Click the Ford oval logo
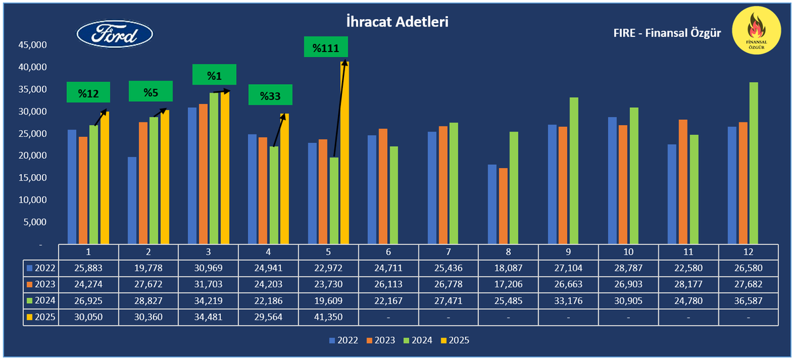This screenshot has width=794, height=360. tap(114, 34)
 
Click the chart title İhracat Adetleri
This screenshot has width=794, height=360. tap(398, 22)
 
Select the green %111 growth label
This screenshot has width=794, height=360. tap(326, 48)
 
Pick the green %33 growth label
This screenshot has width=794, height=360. tap(270, 96)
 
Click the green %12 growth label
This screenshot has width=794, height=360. tap(88, 93)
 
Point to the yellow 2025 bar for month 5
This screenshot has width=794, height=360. tap(345, 152)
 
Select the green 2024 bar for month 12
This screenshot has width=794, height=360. tap(754, 163)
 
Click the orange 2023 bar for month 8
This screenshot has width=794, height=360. tap(504, 206)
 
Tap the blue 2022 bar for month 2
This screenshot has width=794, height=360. tap(132, 200)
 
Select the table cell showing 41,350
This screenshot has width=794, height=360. tap(329, 316)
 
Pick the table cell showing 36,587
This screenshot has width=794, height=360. tap(748, 300)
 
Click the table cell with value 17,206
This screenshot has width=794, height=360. tap(508, 285)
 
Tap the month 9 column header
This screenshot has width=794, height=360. tap(568, 252)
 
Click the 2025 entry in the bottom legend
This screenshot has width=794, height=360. tap(455, 341)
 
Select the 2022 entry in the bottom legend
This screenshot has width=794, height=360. tap(343, 341)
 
